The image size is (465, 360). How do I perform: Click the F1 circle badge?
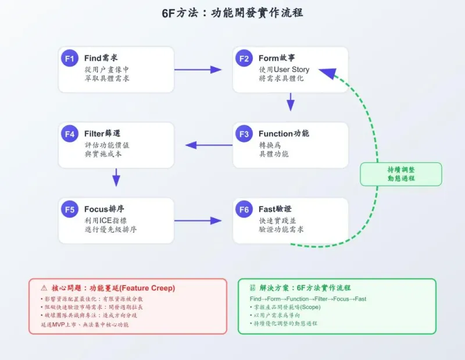(x=70, y=58)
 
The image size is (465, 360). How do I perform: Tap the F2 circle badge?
(x=244, y=58)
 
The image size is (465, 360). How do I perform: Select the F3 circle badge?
(x=244, y=134)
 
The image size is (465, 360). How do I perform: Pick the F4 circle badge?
(x=70, y=134)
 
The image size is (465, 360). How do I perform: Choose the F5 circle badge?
(x=70, y=209)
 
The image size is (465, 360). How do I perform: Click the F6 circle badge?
(x=244, y=209)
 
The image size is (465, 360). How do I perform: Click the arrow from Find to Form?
(x=198, y=70)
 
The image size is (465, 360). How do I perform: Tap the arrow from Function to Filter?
(x=209, y=145)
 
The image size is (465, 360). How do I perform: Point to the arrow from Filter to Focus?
(x=116, y=177)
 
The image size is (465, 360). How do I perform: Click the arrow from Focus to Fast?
(x=198, y=220)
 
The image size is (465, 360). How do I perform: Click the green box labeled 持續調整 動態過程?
(x=400, y=174)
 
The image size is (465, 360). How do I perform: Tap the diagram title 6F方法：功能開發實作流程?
(x=233, y=13)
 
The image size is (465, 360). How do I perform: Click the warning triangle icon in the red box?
(x=44, y=288)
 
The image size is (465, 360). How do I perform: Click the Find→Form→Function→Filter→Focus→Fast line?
(x=304, y=299)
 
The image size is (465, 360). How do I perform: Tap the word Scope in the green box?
(x=309, y=307)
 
